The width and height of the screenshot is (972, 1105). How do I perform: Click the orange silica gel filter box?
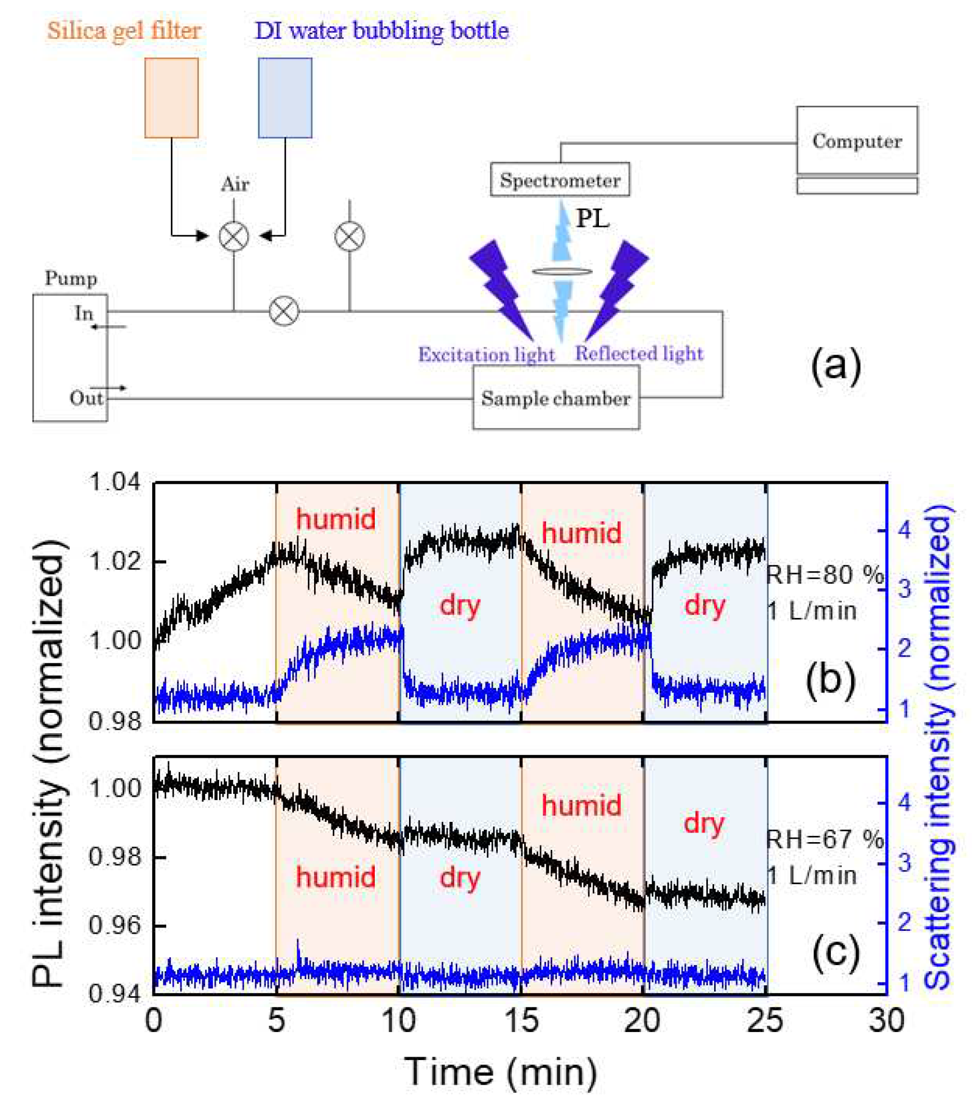[171, 98]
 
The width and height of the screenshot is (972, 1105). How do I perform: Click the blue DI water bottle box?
[285, 98]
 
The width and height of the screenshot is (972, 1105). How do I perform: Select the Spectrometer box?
[560, 180]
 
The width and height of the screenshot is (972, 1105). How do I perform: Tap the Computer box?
[856, 140]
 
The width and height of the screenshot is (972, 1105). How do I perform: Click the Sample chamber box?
[556, 398]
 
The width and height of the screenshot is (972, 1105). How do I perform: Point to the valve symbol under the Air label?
[234, 236]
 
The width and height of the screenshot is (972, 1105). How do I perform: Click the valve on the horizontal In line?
[284, 311]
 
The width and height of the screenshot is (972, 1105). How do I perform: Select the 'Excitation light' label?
[486, 354]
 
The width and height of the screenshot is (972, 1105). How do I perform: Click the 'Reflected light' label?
[639, 353]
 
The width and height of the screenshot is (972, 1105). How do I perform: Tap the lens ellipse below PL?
[562, 271]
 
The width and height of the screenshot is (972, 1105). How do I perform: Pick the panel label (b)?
[830, 678]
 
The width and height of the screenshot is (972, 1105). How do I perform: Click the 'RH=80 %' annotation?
[825, 575]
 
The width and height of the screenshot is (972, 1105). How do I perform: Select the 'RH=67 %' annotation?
[825, 839]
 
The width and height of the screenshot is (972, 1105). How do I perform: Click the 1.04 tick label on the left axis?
[115, 482]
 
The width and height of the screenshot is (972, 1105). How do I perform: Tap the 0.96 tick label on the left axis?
[115, 925]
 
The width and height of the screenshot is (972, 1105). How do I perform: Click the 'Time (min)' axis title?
[500, 1072]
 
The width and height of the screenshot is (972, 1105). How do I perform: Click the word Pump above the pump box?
[71, 279]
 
